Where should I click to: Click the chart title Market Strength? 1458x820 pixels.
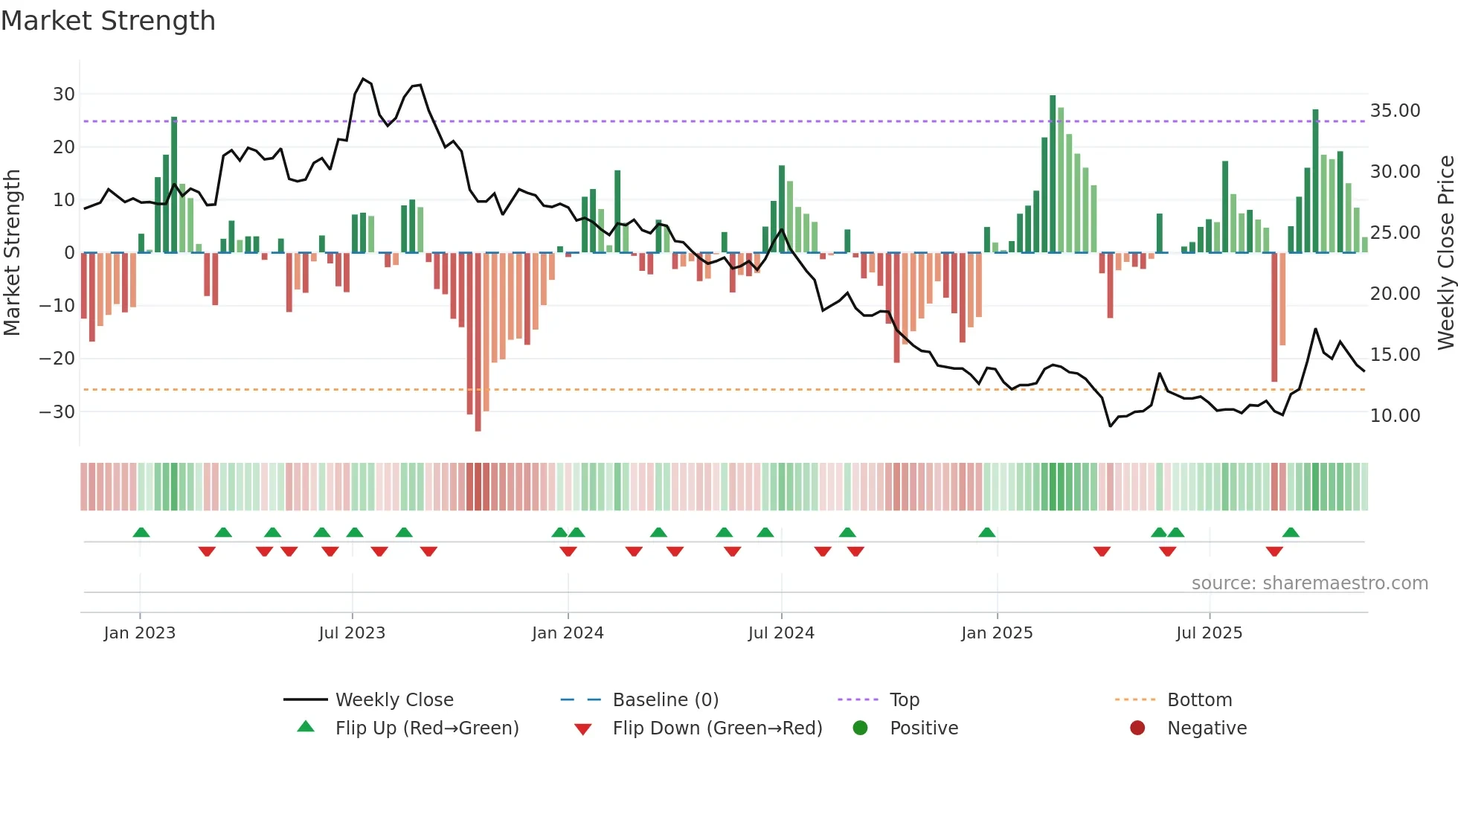(x=108, y=21)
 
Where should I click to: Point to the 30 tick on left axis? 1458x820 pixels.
(x=63, y=95)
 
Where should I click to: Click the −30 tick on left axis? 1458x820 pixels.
(x=57, y=412)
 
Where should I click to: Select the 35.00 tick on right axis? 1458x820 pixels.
(x=1395, y=111)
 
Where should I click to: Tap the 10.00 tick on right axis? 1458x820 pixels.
(x=1395, y=416)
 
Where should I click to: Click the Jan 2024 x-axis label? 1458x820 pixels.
(x=568, y=633)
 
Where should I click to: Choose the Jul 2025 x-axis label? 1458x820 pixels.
(x=1209, y=633)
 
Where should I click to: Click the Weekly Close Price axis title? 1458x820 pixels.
(x=1445, y=253)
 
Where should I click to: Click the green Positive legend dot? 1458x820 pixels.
(x=860, y=728)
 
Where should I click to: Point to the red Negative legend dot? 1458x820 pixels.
(x=1137, y=728)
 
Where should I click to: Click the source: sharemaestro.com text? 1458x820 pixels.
(x=1309, y=583)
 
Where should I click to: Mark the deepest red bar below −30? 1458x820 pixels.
(x=478, y=342)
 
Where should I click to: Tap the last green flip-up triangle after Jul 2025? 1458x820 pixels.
(x=1291, y=533)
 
